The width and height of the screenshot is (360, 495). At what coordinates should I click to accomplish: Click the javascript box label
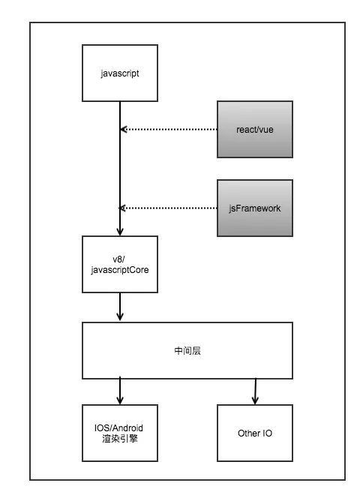pos(120,73)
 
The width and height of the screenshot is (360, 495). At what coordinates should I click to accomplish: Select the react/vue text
pos(255,130)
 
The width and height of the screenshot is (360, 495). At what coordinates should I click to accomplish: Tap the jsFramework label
pos(255,208)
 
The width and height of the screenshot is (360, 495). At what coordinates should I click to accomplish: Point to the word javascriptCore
pos(120,270)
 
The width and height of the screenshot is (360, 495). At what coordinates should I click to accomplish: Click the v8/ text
pos(118,259)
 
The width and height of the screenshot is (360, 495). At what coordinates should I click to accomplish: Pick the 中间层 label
pos(187,351)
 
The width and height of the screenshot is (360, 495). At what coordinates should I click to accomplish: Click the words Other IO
pos(255,433)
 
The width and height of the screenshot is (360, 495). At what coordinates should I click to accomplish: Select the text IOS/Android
pos(118,428)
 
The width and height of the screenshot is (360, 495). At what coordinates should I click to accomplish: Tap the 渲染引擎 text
pos(120,439)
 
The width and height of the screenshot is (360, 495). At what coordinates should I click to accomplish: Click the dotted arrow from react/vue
pos(169,130)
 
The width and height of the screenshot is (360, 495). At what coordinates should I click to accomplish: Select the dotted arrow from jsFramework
pos(168,208)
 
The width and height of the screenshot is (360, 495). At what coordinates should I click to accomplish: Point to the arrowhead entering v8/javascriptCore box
pos(120,232)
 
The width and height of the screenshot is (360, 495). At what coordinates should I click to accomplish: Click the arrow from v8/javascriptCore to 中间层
pos(120,307)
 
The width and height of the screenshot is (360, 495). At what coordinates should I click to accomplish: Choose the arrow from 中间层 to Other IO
pos(255,391)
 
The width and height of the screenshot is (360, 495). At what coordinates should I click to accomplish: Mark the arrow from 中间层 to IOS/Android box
pos(120,391)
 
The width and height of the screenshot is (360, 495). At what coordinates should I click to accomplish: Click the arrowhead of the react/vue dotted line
pos(124,130)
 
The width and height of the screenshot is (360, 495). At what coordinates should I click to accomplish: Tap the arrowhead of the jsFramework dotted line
pos(122,208)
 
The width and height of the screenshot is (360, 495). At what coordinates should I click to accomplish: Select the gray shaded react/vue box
pos(255,130)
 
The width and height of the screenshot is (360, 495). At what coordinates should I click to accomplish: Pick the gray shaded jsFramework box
pos(255,208)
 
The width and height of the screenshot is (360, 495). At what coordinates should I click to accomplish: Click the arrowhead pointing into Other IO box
pos(255,400)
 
